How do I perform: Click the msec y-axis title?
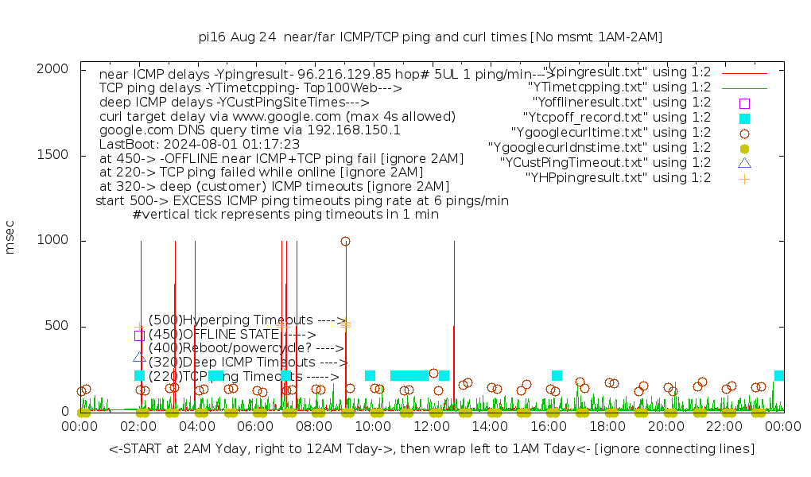(x=10, y=240)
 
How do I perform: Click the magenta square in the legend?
(x=744, y=103)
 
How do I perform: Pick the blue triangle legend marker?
(x=744, y=163)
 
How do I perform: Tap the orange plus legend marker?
(x=744, y=178)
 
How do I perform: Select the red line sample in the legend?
(x=744, y=72)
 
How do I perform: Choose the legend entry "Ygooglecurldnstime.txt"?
(x=599, y=148)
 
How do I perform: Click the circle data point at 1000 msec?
(x=345, y=241)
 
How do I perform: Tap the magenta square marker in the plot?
(x=140, y=335)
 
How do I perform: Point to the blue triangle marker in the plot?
(x=140, y=357)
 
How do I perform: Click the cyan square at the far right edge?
(x=779, y=375)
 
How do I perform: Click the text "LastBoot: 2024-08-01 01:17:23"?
(x=199, y=144)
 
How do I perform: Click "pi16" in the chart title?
(x=210, y=37)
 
